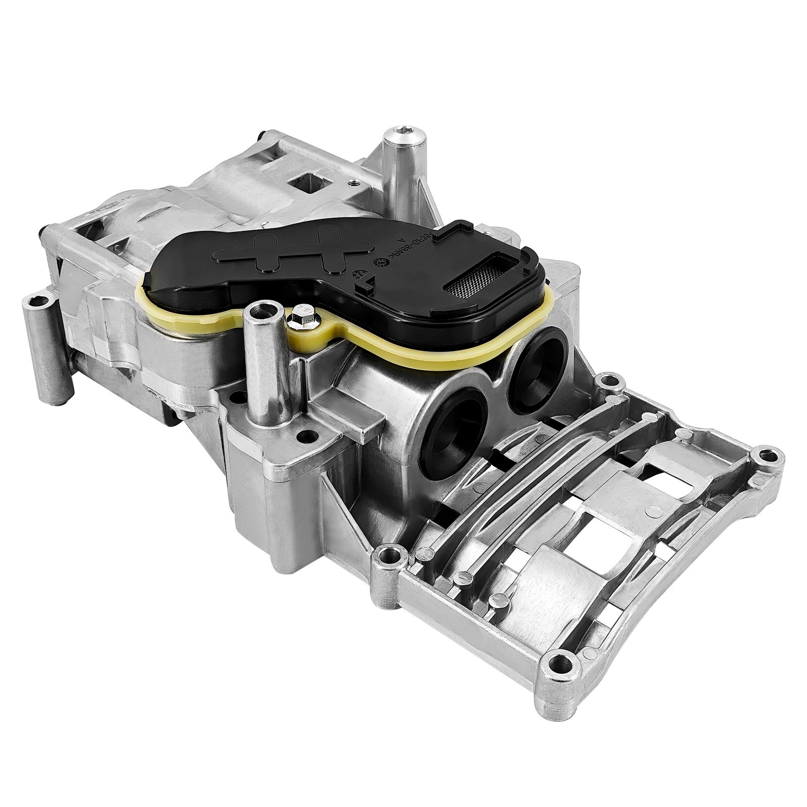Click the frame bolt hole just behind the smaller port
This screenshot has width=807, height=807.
pos(607,380)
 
